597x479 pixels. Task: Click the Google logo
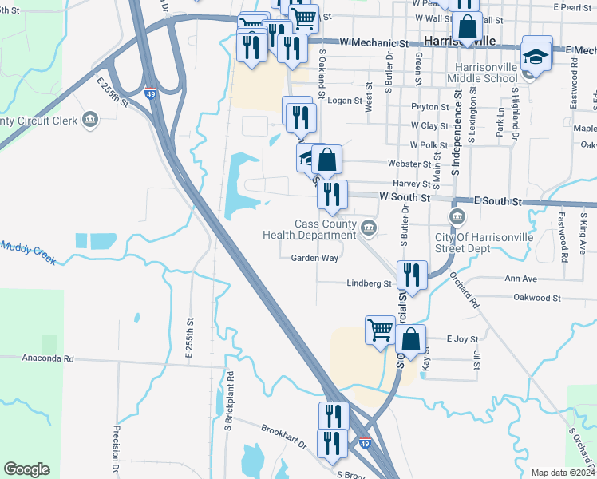[26, 469]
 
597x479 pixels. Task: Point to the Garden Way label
[314, 259]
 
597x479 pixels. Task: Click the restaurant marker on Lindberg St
[411, 275]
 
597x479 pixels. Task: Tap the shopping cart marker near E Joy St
[381, 329]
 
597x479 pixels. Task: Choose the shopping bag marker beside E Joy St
[410, 339]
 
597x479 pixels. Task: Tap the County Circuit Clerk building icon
[90, 121]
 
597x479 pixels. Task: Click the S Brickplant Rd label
[228, 396]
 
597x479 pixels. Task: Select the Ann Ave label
[520, 279]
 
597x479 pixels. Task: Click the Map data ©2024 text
[562, 473]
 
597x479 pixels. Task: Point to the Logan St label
[346, 101]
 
